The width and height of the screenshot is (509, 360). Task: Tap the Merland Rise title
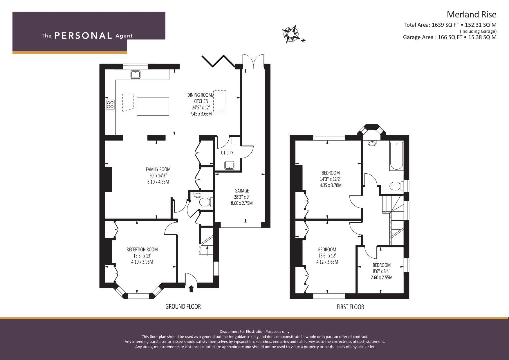[472, 15]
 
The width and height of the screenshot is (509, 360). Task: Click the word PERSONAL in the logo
[83, 36]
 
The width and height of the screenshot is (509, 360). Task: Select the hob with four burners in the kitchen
[110, 105]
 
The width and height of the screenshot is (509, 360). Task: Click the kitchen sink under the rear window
[135, 74]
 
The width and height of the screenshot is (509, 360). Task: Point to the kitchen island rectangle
[153, 107]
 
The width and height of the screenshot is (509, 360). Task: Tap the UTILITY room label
[227, 153]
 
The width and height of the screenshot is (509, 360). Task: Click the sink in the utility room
[229, 165]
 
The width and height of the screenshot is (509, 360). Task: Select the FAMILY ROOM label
[158, 169]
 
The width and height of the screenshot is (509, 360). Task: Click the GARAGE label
[242, 191]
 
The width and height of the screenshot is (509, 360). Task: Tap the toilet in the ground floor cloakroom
[206, 202]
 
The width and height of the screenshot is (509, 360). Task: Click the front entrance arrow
[191, 289]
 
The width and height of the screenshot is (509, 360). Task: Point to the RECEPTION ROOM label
[142, 250]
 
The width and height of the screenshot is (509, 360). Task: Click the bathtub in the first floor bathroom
[397, 156]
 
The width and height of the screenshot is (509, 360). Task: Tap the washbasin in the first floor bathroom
[372, 143]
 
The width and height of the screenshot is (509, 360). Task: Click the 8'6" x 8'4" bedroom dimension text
[382, 271]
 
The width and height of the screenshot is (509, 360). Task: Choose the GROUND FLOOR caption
[183, 307]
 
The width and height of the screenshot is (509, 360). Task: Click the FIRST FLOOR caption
[350, 307]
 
